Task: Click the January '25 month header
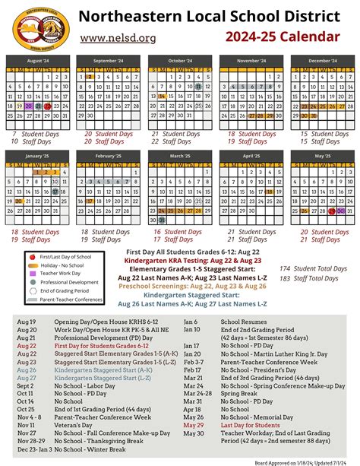(37, 155)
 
